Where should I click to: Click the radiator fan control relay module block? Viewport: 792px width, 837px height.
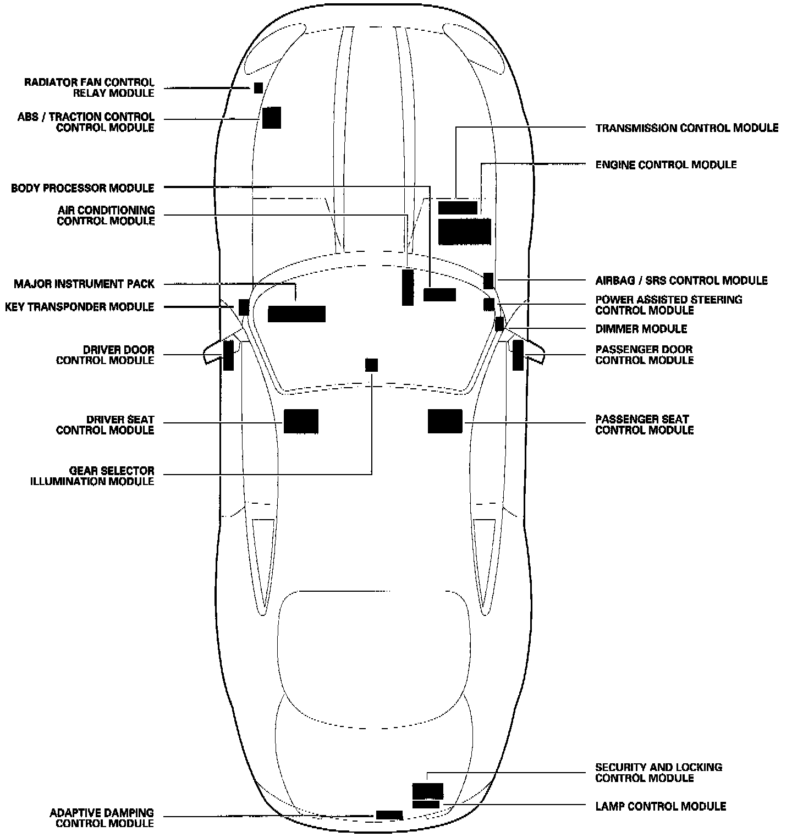258,88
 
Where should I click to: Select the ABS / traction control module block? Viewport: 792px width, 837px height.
271,118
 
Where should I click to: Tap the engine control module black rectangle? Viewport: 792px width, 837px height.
464,232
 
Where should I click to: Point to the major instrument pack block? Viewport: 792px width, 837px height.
296,314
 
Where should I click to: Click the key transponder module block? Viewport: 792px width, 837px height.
244,307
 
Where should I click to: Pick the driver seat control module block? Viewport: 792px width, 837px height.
301,422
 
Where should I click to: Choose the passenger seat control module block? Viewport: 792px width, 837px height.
445,422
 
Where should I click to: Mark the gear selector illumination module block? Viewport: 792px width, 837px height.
372,365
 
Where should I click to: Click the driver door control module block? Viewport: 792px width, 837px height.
228,355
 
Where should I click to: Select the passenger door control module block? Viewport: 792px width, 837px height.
518,355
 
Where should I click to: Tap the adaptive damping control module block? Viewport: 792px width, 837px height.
389,815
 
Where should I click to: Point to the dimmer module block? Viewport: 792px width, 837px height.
499,324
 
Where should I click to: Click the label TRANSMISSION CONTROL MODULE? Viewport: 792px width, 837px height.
687,128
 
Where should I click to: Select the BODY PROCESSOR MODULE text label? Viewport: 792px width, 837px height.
82,188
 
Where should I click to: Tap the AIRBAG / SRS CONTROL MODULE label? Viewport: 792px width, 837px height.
681,280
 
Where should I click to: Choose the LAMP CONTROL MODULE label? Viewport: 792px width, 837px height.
661,806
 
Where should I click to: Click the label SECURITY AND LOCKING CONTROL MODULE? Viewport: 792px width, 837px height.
658,773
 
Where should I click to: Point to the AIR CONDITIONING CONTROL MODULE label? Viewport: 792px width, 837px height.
106,216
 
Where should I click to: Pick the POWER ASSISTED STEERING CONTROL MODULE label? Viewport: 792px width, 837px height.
668,305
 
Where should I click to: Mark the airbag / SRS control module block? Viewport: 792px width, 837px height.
488,280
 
